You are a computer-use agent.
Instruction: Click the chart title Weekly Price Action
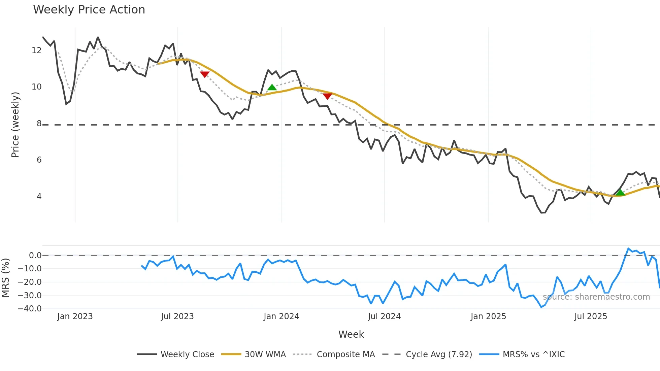point(89,10)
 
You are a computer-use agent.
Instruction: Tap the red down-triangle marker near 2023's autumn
point(205,74)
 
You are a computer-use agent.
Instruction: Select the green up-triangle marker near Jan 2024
point(272,88)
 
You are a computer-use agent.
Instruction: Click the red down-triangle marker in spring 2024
point(327,96)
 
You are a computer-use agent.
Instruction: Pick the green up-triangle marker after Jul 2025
point(620,193)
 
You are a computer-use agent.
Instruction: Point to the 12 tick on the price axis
point(36,50)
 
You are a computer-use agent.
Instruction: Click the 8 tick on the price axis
point(39,124)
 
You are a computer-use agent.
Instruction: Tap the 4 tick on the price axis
point(39,197)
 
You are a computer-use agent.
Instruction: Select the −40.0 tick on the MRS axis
point(30,309)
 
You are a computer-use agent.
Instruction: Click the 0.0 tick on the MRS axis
point(35,256)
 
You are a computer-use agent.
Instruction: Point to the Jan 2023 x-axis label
point(75,316)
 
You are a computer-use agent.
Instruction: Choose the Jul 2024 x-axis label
point(384,316)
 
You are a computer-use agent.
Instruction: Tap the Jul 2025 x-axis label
point(591,316)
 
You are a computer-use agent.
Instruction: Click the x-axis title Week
point(351,334)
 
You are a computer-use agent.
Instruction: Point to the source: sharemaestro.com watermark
point(596,297)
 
